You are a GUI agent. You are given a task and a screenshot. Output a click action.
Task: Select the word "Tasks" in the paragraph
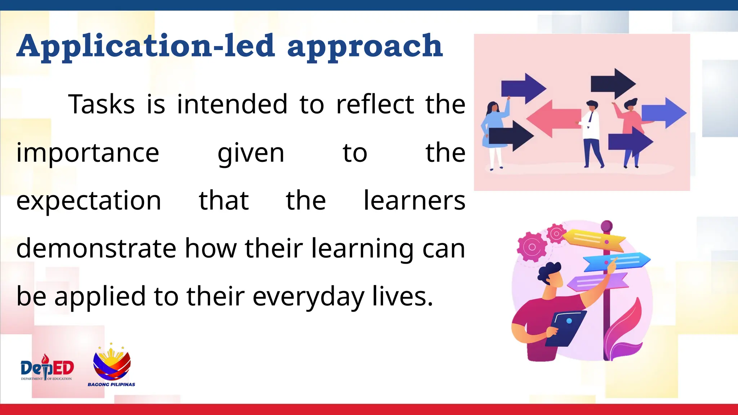coord(102,104)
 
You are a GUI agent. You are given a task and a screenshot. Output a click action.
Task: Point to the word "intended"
coord(232,104)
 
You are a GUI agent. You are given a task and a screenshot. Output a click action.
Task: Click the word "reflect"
coord(375,104)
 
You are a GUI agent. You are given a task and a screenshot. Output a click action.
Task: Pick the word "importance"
coord(88,153)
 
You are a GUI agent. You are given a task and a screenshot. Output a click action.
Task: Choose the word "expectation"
coord(89,201)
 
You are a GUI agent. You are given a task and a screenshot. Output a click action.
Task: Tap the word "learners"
coord(414,201)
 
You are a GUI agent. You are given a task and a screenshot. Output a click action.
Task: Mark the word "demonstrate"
coord(96,249)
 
